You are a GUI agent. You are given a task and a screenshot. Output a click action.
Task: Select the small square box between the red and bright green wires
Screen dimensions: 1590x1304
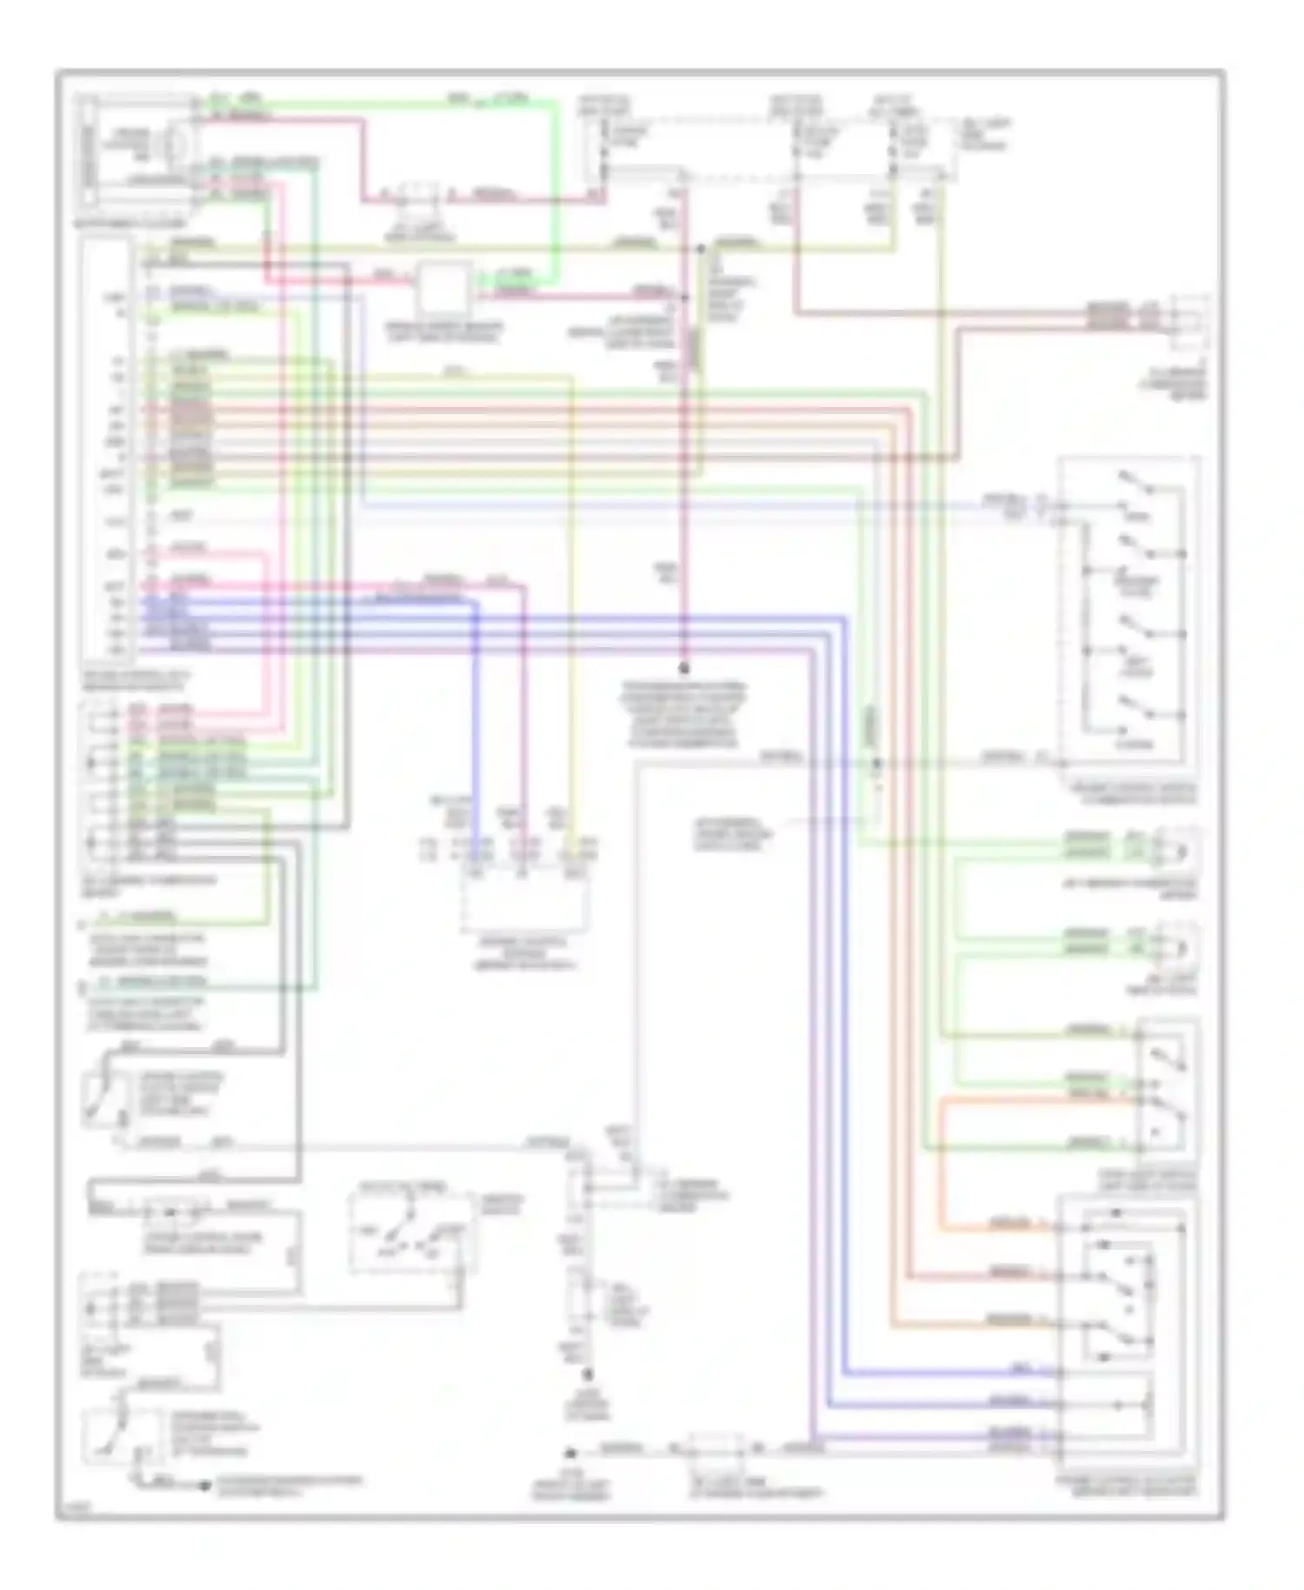click(442, 291)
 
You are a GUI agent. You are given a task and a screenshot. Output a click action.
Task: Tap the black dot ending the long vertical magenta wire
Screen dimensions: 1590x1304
click(683, 669)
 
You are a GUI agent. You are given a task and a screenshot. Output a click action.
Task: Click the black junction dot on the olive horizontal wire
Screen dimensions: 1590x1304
click(700, 249)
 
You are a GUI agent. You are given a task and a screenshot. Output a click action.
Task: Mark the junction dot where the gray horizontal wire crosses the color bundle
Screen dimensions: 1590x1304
click(876, 762)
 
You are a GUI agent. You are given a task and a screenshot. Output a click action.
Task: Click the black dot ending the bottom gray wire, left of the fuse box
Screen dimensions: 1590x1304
click(570, 1453)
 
